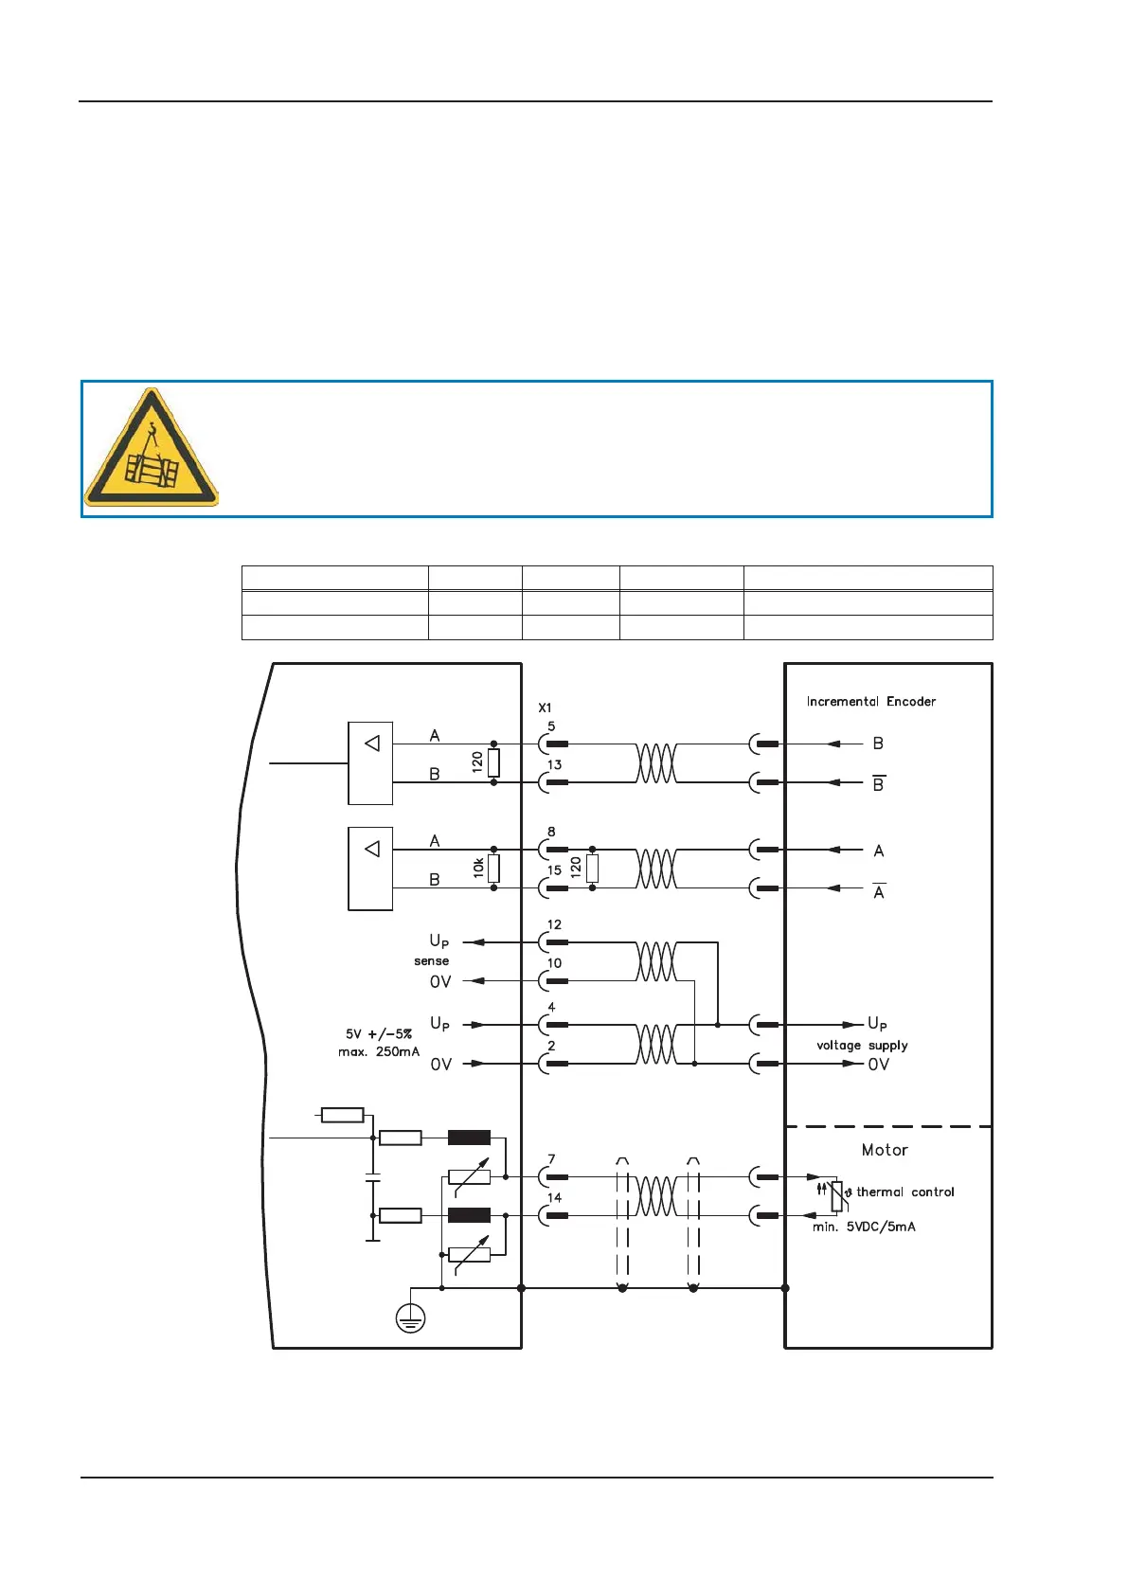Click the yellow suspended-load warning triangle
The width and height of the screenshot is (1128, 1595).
(152, 449)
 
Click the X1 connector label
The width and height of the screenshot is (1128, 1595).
(545, 708)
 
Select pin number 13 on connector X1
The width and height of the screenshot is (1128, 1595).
(554, 765)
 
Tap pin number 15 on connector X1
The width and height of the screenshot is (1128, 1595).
(554, 870)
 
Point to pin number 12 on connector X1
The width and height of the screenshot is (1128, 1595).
(554, 924)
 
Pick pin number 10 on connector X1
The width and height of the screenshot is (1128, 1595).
(554, 963)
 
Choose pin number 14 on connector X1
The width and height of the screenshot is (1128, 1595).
(554, 1198)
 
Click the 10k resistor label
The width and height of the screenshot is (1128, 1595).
(478, 867)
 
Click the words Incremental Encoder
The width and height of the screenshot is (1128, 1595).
(870, 702)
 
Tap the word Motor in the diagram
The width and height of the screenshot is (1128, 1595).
(885, 1150)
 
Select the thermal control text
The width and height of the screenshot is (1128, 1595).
(904, 1192)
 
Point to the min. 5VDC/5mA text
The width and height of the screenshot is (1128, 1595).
(864, 1227)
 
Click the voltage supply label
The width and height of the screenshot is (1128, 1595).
(862, 1046)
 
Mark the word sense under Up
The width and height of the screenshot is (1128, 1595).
(431, 961)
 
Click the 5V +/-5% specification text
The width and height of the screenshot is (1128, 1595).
(379, 1034)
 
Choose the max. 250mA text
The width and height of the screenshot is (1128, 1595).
(379, 1052)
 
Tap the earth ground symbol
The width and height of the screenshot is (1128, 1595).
(410, 1317)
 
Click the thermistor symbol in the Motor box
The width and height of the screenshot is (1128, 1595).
(837, 1196)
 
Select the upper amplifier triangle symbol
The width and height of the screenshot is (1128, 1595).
(372, 744)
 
